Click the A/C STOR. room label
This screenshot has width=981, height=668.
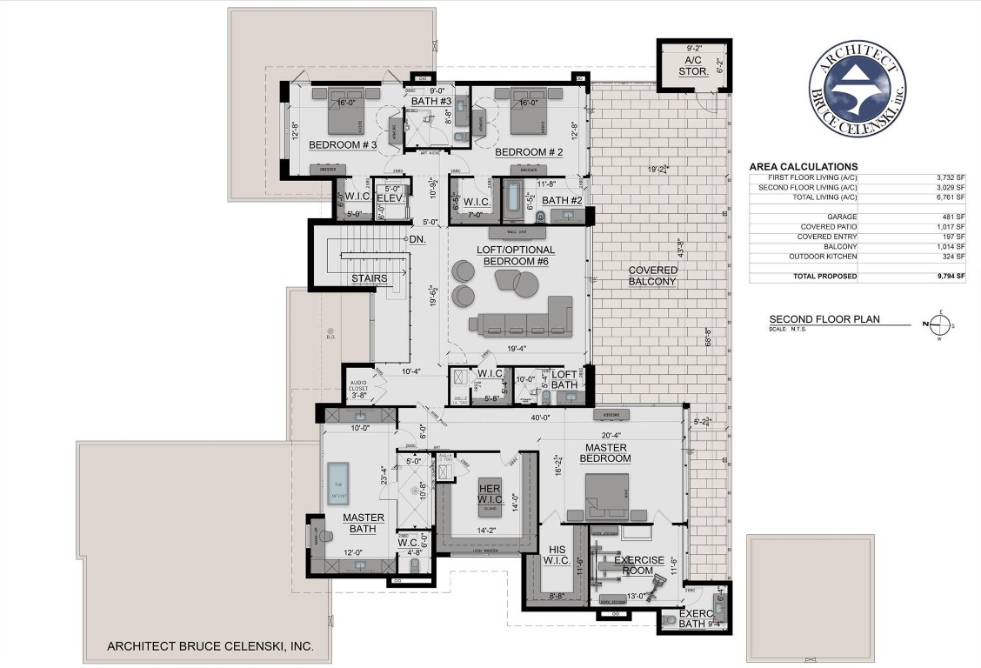pyautogui.click(x=693, y=67)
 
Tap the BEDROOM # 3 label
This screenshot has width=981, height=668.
pyautogui.click(x=342, y=144)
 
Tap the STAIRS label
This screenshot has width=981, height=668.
pyautogui.click(x=369, y=278)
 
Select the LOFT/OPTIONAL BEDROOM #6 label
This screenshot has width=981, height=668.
pyautogui.click(x=516, y=256)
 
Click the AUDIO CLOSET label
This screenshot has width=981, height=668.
pyautogui.click(x=358, y=388)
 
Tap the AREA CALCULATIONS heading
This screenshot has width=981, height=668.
pyautogui.click(x=803, y=167)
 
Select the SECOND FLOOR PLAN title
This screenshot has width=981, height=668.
pyautogui.click(x=824, y=319)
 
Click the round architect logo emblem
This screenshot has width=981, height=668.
pyautogui.click(x=858, y=89)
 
